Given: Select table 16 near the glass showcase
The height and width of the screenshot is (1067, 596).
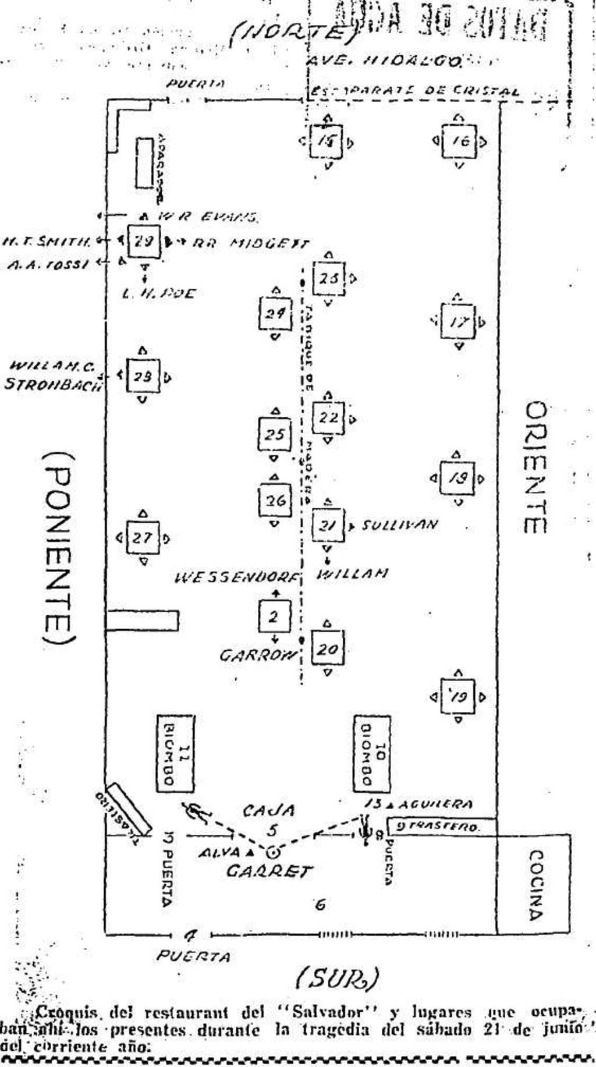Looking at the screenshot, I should pyautogui.click(x=459, y=141).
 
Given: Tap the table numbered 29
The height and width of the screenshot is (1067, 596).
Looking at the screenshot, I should pyautogui.click(x=144, y=240).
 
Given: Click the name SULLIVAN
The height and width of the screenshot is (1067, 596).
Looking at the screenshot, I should pyautogui.click(x=399, y=525).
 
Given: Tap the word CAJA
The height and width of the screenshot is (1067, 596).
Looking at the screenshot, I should pyautogui.click(x=269, y=810).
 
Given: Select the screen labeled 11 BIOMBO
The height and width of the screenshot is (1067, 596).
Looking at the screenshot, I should pyautogui.click(x=175, y=754).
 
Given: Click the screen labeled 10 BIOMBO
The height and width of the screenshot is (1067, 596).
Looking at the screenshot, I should pyautogui.click(x=372, y=754).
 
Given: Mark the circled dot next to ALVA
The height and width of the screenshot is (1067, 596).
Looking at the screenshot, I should pyautogui.click(x=272, y=853).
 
